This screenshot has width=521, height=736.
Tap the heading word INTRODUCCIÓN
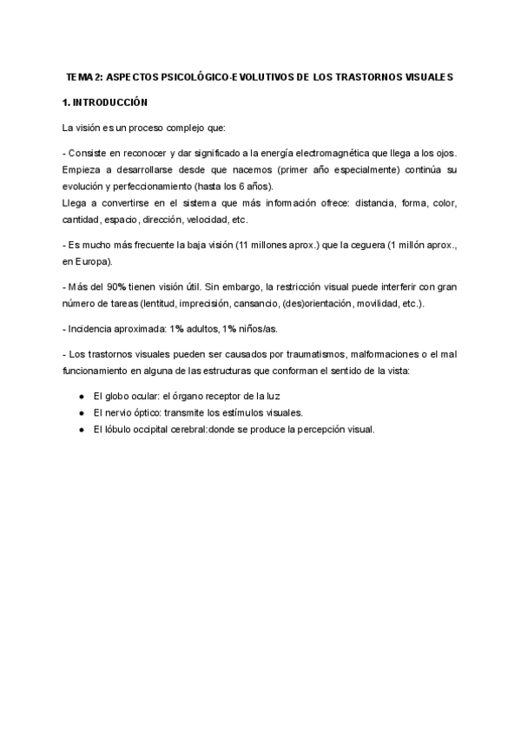(111, 102)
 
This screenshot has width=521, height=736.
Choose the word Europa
(92, 260)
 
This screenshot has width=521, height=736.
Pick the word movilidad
(394, 302)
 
